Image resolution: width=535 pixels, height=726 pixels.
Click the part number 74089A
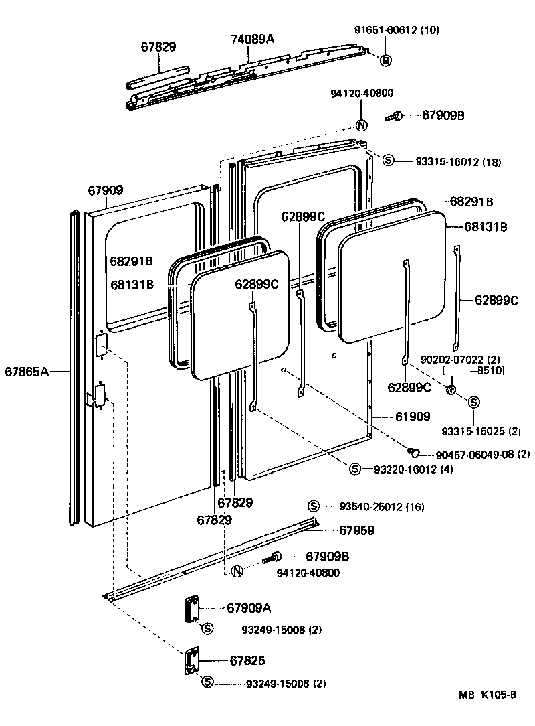[253, 39]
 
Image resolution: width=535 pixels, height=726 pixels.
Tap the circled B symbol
[386, 60]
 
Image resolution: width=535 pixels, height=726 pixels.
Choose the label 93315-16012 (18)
[458, 161]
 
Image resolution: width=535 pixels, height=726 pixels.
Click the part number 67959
[356, 530]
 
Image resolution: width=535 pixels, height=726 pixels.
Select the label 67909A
[249, 608]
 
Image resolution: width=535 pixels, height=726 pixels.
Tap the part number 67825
[247, 661]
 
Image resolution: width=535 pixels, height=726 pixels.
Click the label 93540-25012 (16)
[381, 506]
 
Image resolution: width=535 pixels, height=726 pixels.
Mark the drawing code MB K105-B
[488, 695]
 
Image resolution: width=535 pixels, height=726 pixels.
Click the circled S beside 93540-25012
[313, 506]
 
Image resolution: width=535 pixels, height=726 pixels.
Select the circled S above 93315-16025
[473, 402]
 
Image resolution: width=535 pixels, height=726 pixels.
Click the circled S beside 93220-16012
[355, 469]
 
